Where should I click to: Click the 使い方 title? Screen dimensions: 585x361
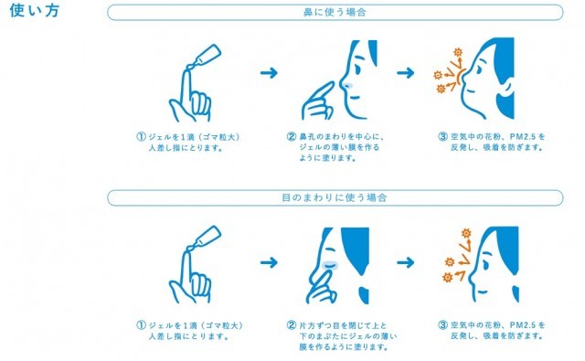[35, 10]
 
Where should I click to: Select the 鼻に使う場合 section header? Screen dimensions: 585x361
[335, 12]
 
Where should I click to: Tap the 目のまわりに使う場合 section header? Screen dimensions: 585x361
[335, 197]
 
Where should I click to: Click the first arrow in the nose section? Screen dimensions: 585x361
[269, 72]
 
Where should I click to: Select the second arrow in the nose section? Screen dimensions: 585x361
[406, 72]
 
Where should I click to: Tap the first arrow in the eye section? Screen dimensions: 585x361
[269, 262]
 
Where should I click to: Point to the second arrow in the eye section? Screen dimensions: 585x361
[406, 262]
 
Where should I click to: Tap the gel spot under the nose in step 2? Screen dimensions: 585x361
[347, 85]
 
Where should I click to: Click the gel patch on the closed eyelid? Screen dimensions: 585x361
[330, 265]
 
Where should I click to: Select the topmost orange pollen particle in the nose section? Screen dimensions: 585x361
[458, 52]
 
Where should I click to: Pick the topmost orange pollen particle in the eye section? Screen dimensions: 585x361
[466, 233]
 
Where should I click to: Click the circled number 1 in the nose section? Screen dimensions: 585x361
[141, 137]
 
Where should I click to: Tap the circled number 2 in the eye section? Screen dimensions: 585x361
[292, 325]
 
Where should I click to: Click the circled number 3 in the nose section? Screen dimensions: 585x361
[442, 137]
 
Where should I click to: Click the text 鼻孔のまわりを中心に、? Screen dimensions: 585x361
[342, 137]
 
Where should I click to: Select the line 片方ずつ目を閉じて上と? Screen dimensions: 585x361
[344, 325]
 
